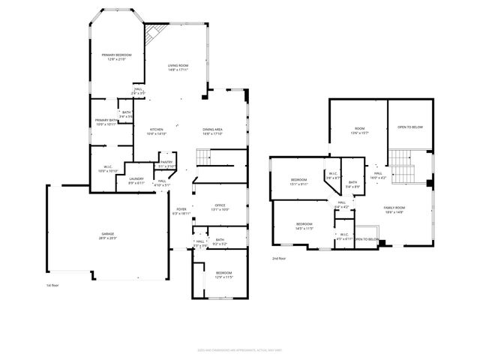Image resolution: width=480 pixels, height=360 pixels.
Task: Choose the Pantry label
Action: coord(166,163)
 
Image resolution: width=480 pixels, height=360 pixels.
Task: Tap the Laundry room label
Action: coord(136,180)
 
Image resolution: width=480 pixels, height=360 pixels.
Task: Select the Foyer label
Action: coord(181,211)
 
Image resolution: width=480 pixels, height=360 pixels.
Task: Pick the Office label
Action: coord(220,207)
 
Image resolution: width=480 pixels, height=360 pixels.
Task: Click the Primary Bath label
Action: coord(104,121)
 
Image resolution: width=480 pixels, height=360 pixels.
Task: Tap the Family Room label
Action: coord(394,209)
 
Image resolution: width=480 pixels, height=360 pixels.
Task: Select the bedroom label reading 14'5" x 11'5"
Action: coord(304,226)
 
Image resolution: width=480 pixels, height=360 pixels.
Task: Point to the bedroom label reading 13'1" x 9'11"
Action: coord(298,181)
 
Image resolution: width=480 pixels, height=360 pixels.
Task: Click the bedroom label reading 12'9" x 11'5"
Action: coord(224,274)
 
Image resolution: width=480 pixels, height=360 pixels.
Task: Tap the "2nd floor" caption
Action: coord(279,258)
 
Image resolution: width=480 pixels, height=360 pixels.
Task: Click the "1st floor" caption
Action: coord(51,285)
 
